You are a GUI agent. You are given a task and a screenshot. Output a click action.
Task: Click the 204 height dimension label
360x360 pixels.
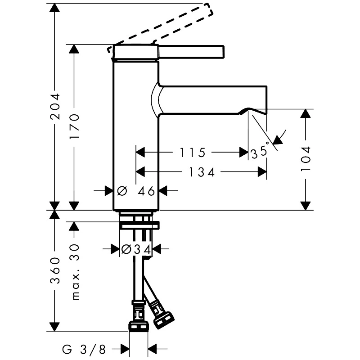pos(55,107)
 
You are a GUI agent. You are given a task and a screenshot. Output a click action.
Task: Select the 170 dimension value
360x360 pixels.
pos(74,126)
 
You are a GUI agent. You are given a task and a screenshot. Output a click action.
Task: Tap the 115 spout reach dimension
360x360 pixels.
pos(192,153)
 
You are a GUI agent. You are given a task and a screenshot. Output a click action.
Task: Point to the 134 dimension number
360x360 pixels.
pos(202,172)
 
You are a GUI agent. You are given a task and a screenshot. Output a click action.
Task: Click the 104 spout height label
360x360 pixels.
pos(306,159)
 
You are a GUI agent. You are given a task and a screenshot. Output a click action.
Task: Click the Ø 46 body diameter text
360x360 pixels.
pos(136,191)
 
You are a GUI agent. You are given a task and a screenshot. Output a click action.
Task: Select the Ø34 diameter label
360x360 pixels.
pos(136,249)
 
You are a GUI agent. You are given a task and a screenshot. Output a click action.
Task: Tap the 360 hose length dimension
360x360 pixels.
pos(55,270)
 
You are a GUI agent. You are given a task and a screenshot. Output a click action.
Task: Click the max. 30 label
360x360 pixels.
pos(75,272)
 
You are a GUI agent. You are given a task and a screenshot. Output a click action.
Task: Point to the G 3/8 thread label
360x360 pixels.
pos(84,350)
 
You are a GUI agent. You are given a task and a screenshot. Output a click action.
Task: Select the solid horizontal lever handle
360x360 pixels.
pos(191,51)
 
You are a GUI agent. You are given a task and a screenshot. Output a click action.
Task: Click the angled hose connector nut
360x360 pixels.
pos(164,320)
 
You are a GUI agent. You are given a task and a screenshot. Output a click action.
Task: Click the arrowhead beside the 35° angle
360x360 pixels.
pos(278,139)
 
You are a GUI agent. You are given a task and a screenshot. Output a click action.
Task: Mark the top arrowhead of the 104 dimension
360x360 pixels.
pos(306,114)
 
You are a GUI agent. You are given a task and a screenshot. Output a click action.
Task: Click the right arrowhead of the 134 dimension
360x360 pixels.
pos(262,172)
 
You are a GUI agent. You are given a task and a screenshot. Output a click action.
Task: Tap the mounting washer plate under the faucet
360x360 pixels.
pos(139,225)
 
